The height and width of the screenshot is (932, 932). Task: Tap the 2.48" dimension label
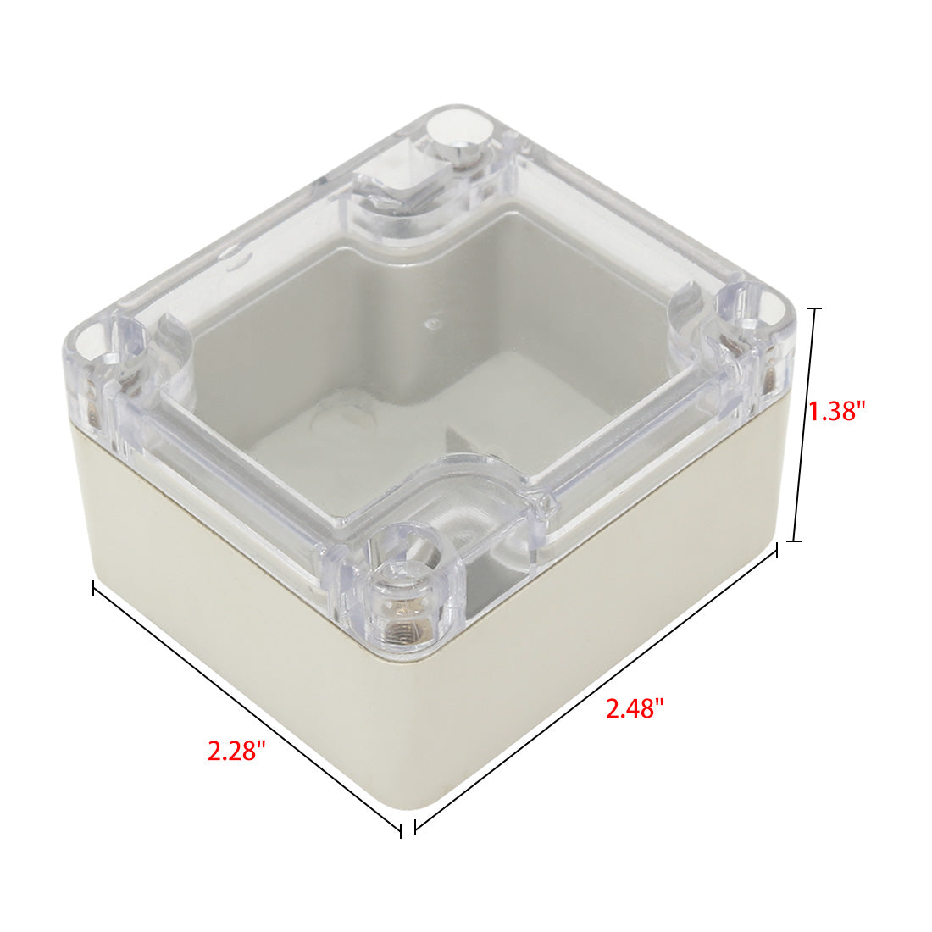pos(635,708)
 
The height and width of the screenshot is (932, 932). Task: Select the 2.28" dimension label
pos(236,751)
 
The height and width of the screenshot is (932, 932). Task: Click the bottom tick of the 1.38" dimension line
pos(795,541)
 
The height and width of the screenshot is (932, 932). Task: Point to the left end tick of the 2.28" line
pos(94,588)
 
